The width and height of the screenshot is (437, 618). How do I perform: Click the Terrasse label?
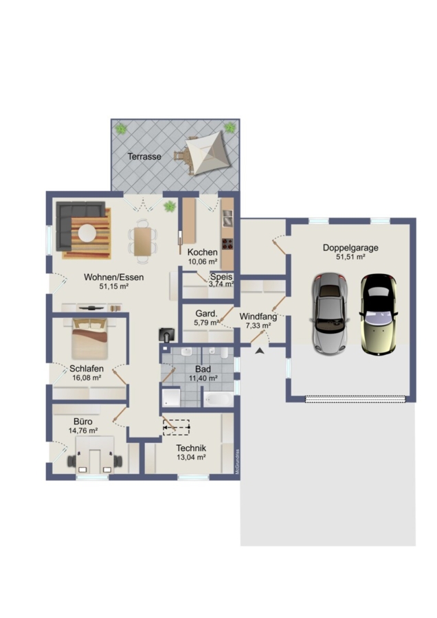(144, 157)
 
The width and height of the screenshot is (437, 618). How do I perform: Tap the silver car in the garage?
(330, 314)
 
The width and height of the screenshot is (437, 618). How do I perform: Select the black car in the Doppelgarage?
(378, 314)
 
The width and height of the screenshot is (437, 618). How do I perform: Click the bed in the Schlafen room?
(90, 339)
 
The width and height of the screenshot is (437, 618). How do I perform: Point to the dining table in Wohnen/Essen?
(142, 242)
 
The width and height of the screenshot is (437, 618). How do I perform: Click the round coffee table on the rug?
(87, 233)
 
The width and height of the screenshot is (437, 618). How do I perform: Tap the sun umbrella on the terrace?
(207, 153)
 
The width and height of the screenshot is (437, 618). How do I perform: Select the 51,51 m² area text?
(350, 257)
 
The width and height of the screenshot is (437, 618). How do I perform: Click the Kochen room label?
(202, 252)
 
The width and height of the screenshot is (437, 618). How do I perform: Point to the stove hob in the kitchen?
(227, 244)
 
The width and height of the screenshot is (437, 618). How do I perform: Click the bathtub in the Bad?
(218, 400)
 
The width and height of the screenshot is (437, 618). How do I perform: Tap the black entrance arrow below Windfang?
(260, 350)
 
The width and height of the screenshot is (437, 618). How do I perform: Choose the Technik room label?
(191, 448)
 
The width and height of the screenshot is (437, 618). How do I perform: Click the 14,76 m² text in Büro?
(83, 431)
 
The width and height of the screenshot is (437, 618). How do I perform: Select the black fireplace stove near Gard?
(167, 334)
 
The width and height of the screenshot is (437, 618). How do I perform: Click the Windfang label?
(258, 317)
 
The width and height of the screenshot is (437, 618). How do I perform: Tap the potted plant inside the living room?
(170, 206)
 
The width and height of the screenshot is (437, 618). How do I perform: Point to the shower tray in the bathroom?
(171, 398)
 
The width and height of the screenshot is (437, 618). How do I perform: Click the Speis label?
(221, 276)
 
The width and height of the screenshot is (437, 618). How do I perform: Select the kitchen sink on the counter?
(228, 218)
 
